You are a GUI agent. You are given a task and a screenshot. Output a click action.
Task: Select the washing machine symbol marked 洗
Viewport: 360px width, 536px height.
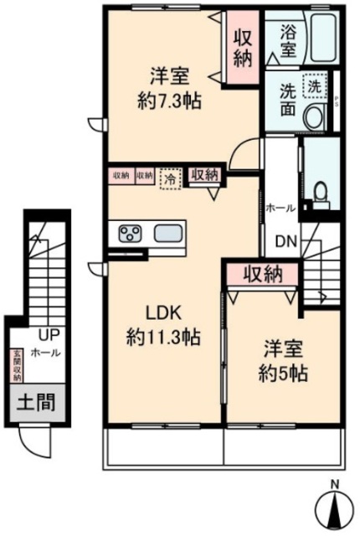312,85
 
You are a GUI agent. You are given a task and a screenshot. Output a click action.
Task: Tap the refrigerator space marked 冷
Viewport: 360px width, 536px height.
171,177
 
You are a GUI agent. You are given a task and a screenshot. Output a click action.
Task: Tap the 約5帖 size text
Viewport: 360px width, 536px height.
281,372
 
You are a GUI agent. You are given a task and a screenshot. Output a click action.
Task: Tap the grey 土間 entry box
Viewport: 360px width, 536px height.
34,403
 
